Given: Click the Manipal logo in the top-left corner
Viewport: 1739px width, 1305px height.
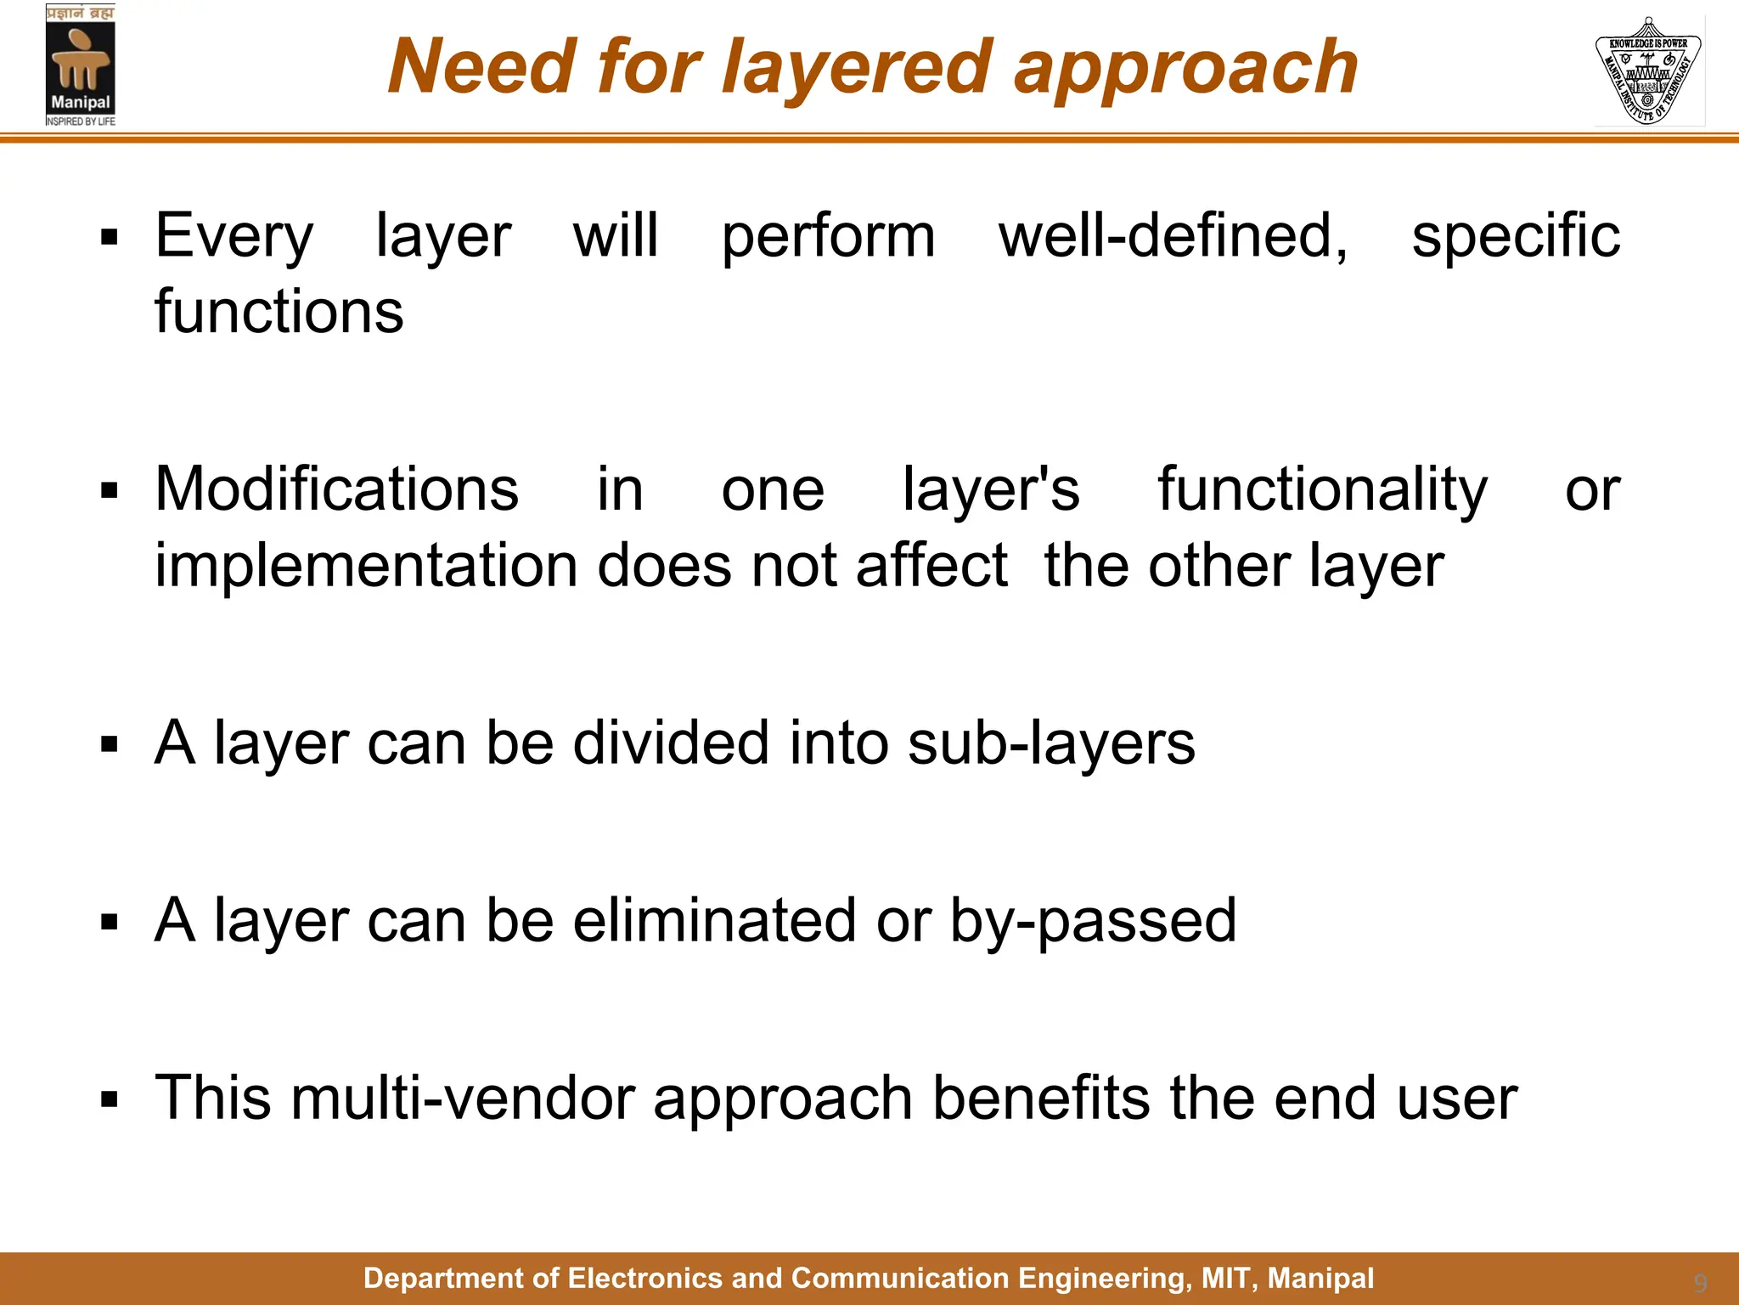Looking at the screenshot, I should (x=81, y=65).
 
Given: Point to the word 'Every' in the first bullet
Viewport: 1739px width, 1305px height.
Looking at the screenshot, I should (x=234, y=236).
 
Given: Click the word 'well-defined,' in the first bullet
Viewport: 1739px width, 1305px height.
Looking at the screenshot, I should (x=1173, y=235).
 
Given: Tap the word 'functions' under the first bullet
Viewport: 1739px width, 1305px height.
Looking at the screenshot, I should (x=279, y=311).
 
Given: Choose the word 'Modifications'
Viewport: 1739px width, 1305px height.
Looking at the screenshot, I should (x=336, y=489).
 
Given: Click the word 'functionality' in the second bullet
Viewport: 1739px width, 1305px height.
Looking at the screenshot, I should (x=1322, y=491).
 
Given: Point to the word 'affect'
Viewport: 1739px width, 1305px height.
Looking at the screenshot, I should (x=931, y=565).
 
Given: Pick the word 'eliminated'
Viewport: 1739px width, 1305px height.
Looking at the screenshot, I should (x=714, y=920).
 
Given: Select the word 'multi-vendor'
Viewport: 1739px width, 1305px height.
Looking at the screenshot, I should (x=463, y=1098).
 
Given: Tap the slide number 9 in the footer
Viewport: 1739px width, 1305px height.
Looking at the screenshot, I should (x=1700, y=1283).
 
